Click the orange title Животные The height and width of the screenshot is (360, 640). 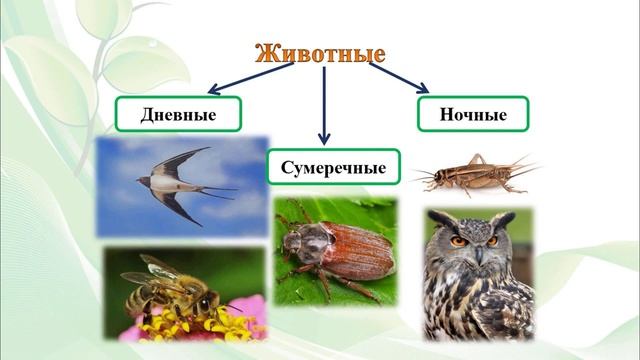321,53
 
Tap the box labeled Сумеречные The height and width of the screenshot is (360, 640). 333,166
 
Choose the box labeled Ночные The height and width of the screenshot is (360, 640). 473,114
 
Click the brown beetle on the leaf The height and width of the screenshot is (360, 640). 336,251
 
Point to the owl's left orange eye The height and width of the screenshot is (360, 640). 459,241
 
